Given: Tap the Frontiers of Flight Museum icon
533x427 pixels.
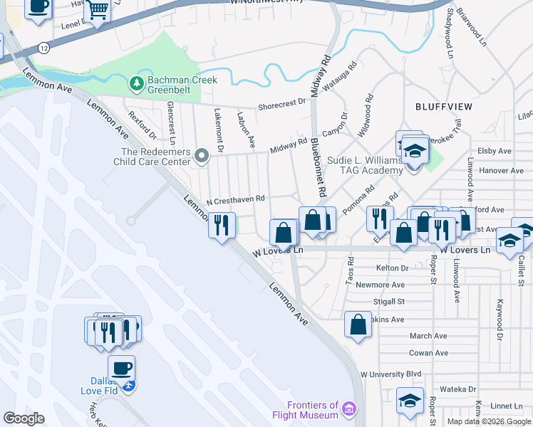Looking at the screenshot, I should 349,409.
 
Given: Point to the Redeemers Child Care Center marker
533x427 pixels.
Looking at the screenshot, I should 202,155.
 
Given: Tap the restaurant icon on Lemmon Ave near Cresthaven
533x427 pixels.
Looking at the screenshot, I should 222,225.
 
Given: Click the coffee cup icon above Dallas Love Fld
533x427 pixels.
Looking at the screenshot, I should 121,368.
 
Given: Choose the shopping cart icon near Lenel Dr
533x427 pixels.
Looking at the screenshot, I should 97,10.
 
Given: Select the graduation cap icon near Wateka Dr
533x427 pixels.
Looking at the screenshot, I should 410,399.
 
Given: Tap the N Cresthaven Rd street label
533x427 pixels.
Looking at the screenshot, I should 236,200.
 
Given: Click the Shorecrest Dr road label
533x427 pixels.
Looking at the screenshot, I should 281,104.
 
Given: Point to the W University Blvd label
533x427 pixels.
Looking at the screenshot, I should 391,374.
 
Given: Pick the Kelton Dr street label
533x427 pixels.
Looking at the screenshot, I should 392,268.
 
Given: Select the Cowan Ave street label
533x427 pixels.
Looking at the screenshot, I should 428,353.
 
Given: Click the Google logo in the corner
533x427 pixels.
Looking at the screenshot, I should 24,418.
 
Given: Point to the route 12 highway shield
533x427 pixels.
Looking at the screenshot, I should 45,47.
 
